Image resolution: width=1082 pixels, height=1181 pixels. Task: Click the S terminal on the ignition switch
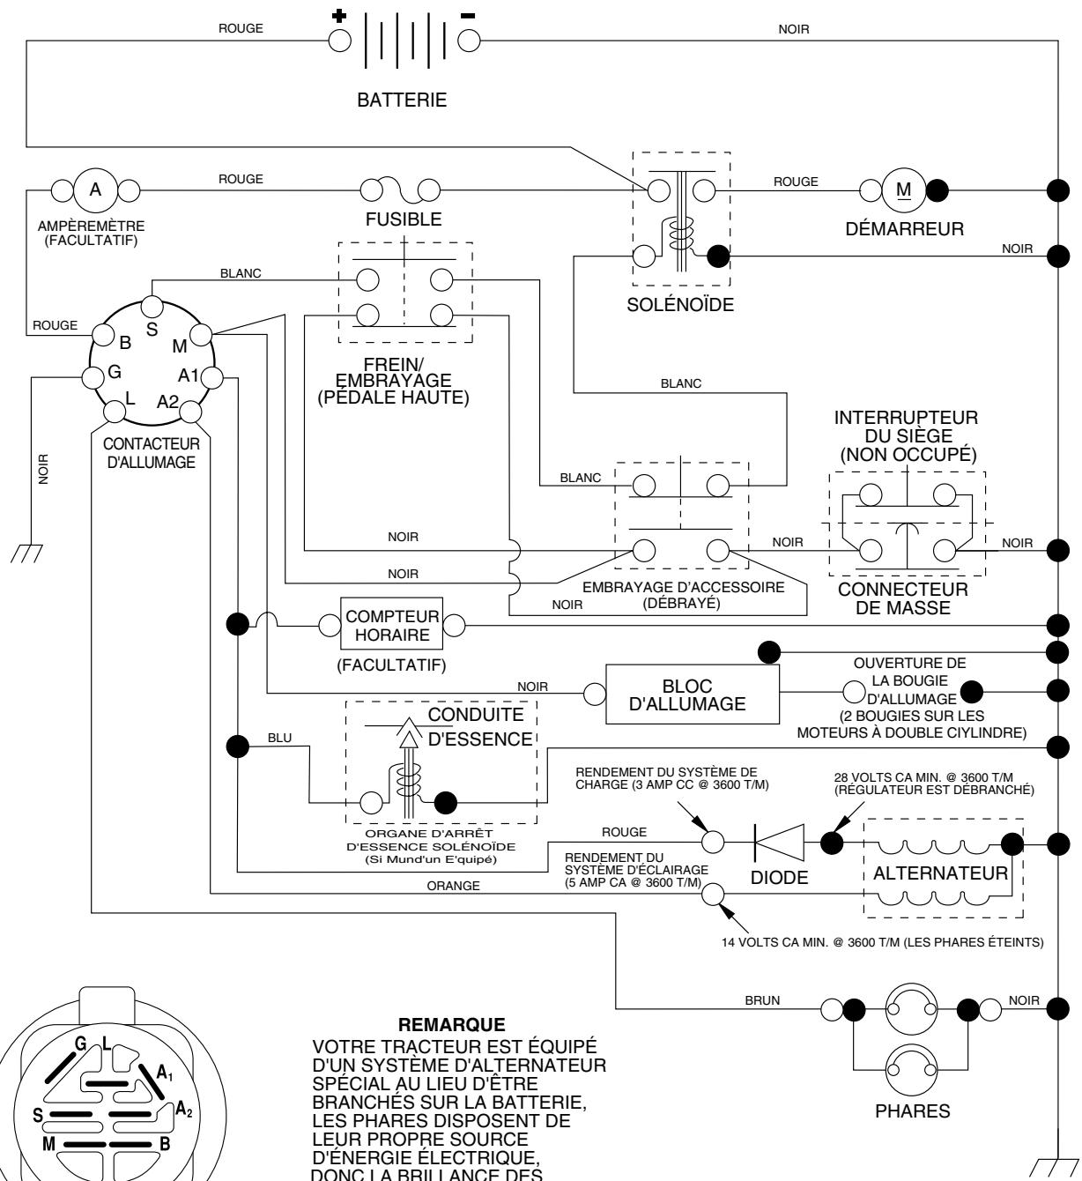pos(152,306)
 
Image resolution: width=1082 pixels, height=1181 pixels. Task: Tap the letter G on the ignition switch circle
pos(114,373)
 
